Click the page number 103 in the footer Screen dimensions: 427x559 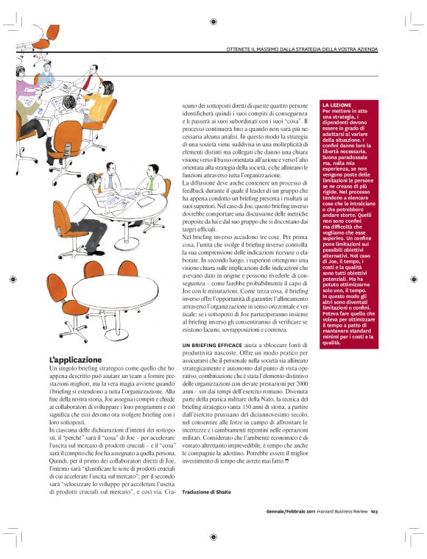coord(374,512)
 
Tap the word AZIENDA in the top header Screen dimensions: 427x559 coord(363,49)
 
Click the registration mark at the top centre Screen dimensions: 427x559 coord(213,23)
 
